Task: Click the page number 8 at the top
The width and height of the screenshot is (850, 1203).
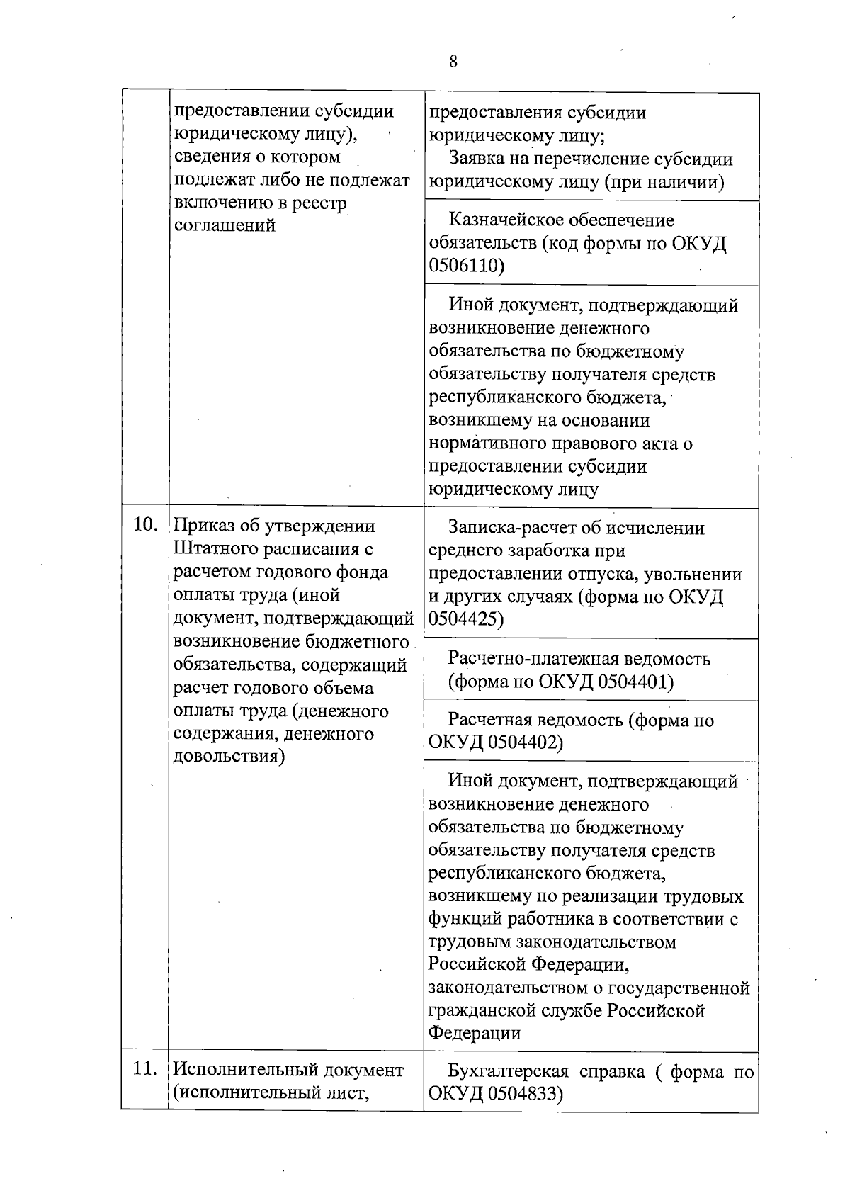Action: [x=453, y=62]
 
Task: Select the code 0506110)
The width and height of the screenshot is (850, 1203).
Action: [x=467, y=266]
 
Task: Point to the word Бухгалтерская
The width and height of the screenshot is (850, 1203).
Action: [x=508, y=1071]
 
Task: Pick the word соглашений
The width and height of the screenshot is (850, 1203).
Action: [x=225, y=226]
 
